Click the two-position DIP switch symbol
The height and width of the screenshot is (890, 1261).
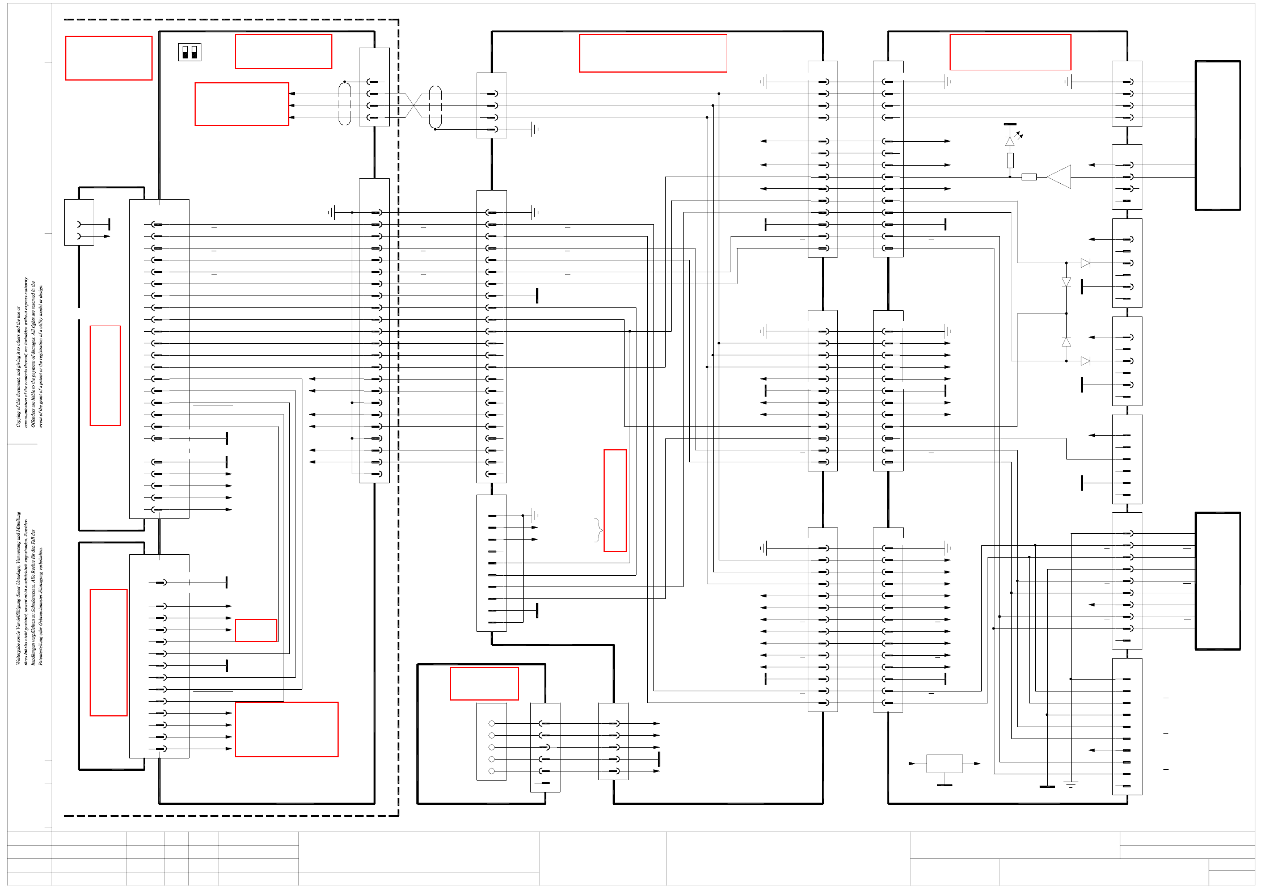pyautogui.click(x=189, y=52)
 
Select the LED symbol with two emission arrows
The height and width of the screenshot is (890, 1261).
pyautogui.click(x=1010, y=141)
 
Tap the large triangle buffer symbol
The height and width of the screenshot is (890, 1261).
pyautogui.click(x=1059, y=177)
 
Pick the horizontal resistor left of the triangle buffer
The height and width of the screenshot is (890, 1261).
pyautogui.click(x=1029, y=177)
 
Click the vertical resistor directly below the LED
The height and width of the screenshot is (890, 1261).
pyautogui.click(x=1010, y=161)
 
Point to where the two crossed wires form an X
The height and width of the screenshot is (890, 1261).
pyautogui.click(x=414, y=106)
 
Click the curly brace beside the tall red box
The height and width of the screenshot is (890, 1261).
pyautogui.click(x=598, y=530)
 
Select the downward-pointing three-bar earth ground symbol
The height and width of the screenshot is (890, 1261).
pyautogui.click(x=1070, y=784)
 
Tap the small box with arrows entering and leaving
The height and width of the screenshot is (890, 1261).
pyautogui.click(x=944, y=764)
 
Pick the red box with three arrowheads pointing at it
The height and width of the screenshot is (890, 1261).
pyautogui.click(x=242, y=104)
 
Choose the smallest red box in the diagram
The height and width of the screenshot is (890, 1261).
pyautogui.click(x=256, y=630)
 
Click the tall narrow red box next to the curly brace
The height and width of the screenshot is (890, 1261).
pyautogui.click(x=615, y=500)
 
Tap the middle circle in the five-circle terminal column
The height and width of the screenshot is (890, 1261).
pyautogui.click(x=492, y=747)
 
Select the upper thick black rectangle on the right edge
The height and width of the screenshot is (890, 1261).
pyautogui.click(x=1217, y=135)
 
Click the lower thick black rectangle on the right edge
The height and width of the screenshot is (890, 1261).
pyautogui.click(x=1217, y=581)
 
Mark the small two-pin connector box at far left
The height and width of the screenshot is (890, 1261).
pyautogui.click(x=79, y=222)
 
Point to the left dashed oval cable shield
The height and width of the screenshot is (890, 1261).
pyautogui.click(x=345, y=104)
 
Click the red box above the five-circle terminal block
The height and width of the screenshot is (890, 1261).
pyautogui.click(x=484, y=684)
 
